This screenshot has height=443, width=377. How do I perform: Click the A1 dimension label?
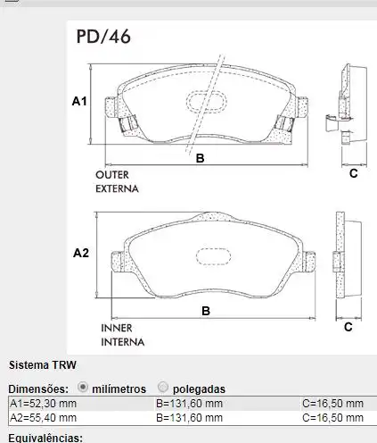78,103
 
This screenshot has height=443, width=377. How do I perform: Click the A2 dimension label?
80,254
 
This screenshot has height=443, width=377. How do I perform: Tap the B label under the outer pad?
201,158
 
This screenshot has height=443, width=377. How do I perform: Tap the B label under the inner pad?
205,311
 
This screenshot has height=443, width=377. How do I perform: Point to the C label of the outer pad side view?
352,172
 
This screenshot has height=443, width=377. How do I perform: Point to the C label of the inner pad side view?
348,327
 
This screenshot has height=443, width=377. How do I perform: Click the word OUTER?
111,175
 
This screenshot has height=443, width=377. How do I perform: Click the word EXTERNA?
117,188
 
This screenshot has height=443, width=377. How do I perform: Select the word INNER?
116,328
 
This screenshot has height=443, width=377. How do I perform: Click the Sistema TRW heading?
43,365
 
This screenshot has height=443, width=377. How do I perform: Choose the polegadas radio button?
162,388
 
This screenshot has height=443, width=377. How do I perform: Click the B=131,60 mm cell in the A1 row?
189,404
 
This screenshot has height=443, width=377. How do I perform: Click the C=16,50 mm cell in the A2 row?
333,417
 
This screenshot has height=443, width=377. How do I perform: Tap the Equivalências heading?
45,438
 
